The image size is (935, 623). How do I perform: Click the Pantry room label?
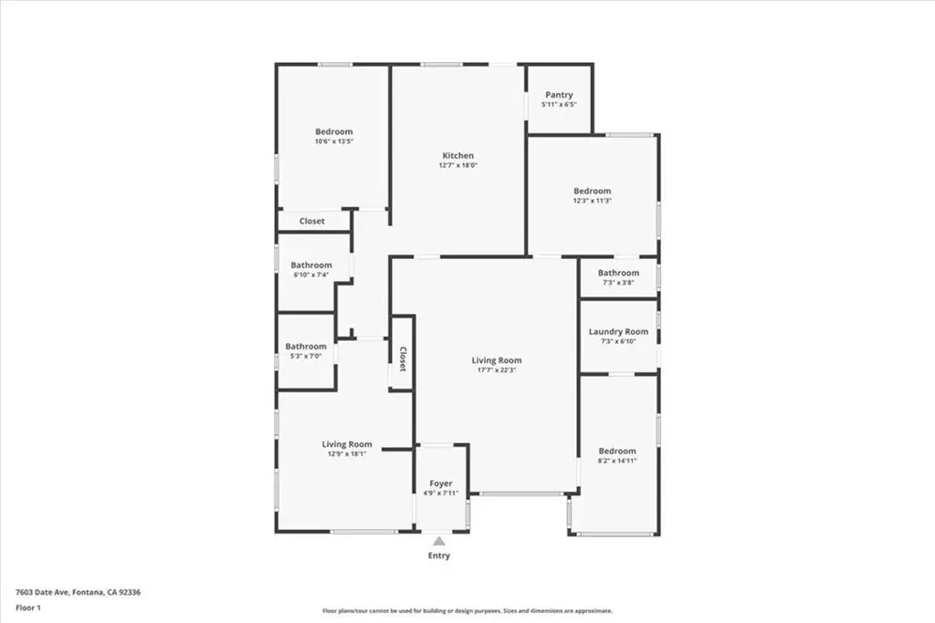[559, 95]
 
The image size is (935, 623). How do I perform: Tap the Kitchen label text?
[458, 155]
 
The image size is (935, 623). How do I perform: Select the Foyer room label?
[441, 483]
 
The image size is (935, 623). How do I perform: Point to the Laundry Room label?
[618, 332]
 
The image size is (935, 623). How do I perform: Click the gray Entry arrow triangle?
[439, 541]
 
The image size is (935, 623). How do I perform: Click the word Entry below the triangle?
[439, 556]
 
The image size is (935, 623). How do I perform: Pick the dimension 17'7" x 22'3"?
[496, 369]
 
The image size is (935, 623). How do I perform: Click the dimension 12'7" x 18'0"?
[458, 165]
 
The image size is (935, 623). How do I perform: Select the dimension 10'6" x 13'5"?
[334, 141]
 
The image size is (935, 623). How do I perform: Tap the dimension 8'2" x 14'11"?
[617, 461]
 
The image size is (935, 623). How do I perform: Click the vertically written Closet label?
[403, 359]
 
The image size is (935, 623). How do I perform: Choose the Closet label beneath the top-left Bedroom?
[312, 221]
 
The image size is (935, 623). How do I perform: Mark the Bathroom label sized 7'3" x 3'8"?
[618, 273]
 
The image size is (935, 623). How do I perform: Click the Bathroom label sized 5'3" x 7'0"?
[306, 346]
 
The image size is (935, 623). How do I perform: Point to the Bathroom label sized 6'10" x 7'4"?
[311, 265]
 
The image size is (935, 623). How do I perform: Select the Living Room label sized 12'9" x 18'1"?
[347, 444]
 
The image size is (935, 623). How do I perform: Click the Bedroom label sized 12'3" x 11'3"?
[592, 192]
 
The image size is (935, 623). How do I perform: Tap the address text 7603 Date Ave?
[42, 593]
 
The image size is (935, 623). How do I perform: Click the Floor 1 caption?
[28, 608]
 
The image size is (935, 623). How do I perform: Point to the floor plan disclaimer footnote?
[467, 610]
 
